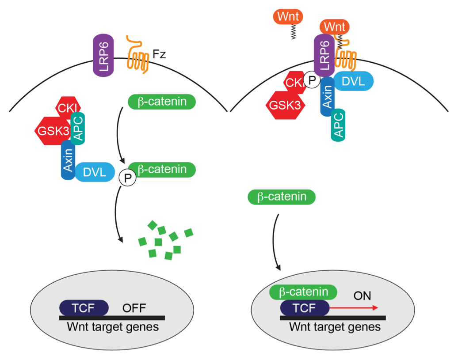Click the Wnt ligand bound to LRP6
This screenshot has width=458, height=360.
(334, 27)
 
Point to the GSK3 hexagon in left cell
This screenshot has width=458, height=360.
(49, 130)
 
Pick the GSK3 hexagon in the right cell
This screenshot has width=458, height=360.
(284, 106)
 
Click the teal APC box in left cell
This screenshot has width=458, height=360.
(78, 128)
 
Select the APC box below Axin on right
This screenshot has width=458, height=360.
(338, 125)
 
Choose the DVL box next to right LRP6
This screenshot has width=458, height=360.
(354, 81)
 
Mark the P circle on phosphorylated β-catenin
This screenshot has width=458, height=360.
(128, 178)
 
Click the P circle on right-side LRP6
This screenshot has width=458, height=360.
(313, 80)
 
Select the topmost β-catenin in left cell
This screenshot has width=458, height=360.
(162, 102)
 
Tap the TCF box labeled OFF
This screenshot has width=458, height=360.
(84, 308)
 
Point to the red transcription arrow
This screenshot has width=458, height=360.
(354, 308)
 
